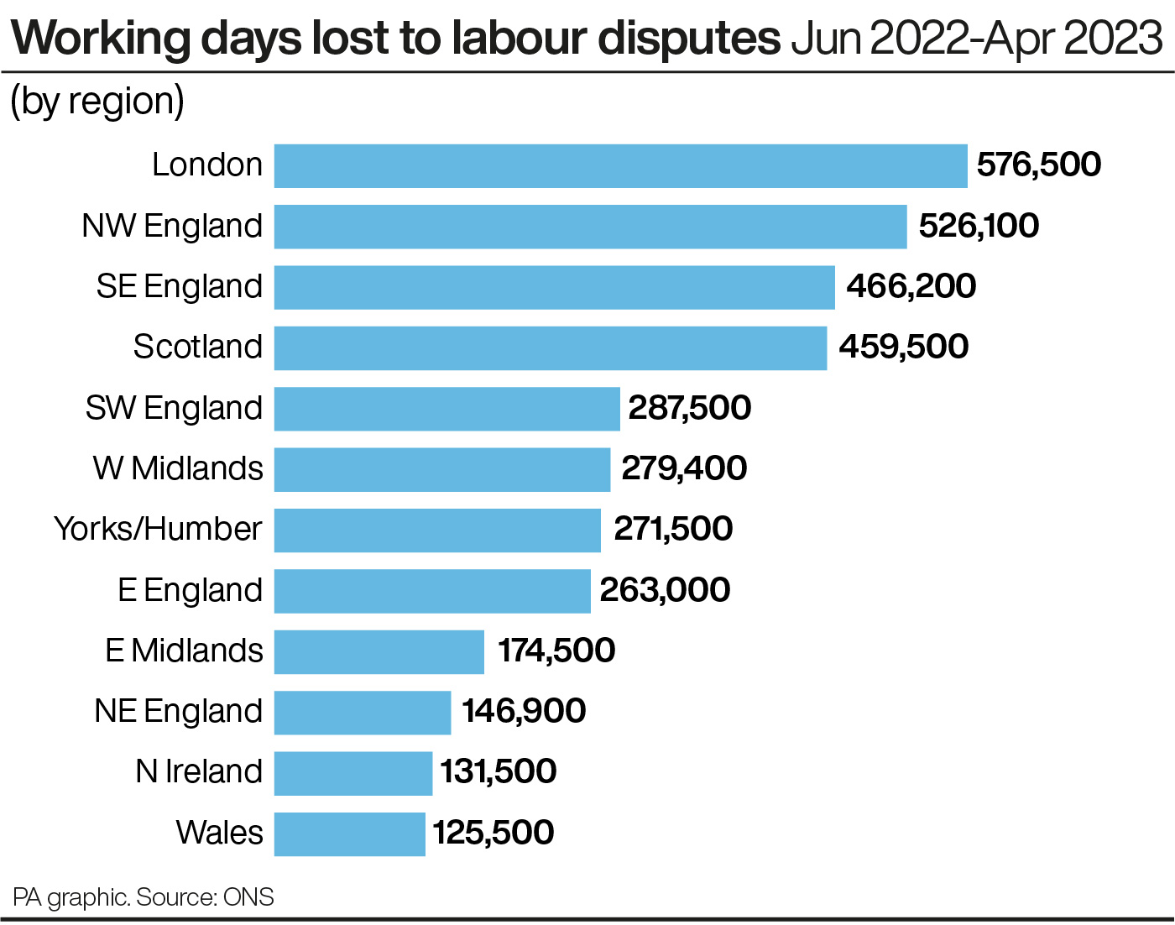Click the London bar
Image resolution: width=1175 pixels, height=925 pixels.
[620, 165]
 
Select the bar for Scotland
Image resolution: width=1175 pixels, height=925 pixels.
[550, 348]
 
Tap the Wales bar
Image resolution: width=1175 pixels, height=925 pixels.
[349, 834]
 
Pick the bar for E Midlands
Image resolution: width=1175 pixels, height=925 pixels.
[379, 651]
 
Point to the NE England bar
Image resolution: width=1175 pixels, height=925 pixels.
[362, 712]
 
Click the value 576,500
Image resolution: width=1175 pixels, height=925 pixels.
[1038, 165]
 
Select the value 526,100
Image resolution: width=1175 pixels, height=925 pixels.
[979, 226]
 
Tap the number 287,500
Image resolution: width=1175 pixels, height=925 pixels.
[689, 408]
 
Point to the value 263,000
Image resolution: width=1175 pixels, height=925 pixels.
[665, 590]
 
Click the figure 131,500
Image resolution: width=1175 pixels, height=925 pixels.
[499, 772]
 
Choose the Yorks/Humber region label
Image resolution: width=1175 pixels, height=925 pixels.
[158, 530]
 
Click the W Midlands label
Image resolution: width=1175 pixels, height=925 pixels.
[178, 468]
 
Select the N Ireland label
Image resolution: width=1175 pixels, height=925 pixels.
[199, 772]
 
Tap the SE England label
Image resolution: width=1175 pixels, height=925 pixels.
[179, 286]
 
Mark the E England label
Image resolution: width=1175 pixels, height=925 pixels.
[190, 590]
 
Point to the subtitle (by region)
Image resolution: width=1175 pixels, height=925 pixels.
[97, 102]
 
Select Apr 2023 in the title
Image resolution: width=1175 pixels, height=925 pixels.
[1073, 38]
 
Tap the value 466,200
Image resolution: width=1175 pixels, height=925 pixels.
[911, 286]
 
